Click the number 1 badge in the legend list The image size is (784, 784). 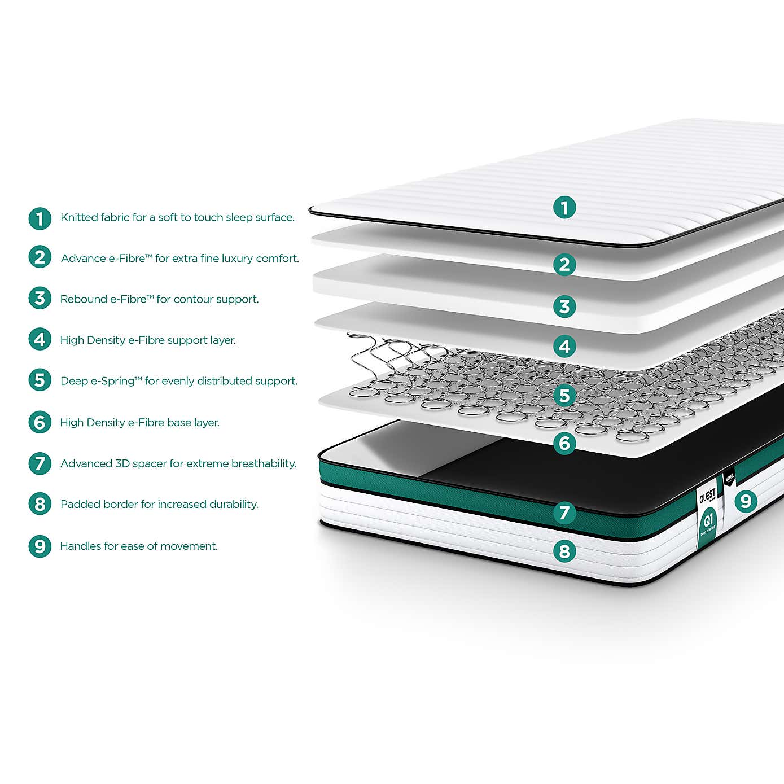40,218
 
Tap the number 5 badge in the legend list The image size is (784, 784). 40,380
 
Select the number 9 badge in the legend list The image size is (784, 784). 40,546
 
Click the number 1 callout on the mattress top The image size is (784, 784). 564,207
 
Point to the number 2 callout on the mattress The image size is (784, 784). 564,264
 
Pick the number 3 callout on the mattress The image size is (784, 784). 564,306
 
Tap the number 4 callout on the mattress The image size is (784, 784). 564,346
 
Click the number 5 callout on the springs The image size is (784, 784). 564,396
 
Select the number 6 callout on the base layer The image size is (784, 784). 564,443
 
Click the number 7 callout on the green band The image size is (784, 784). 564,513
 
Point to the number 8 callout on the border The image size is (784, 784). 564,551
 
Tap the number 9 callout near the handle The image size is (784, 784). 745,501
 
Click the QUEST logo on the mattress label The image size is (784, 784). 707,496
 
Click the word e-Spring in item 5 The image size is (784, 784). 113,381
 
